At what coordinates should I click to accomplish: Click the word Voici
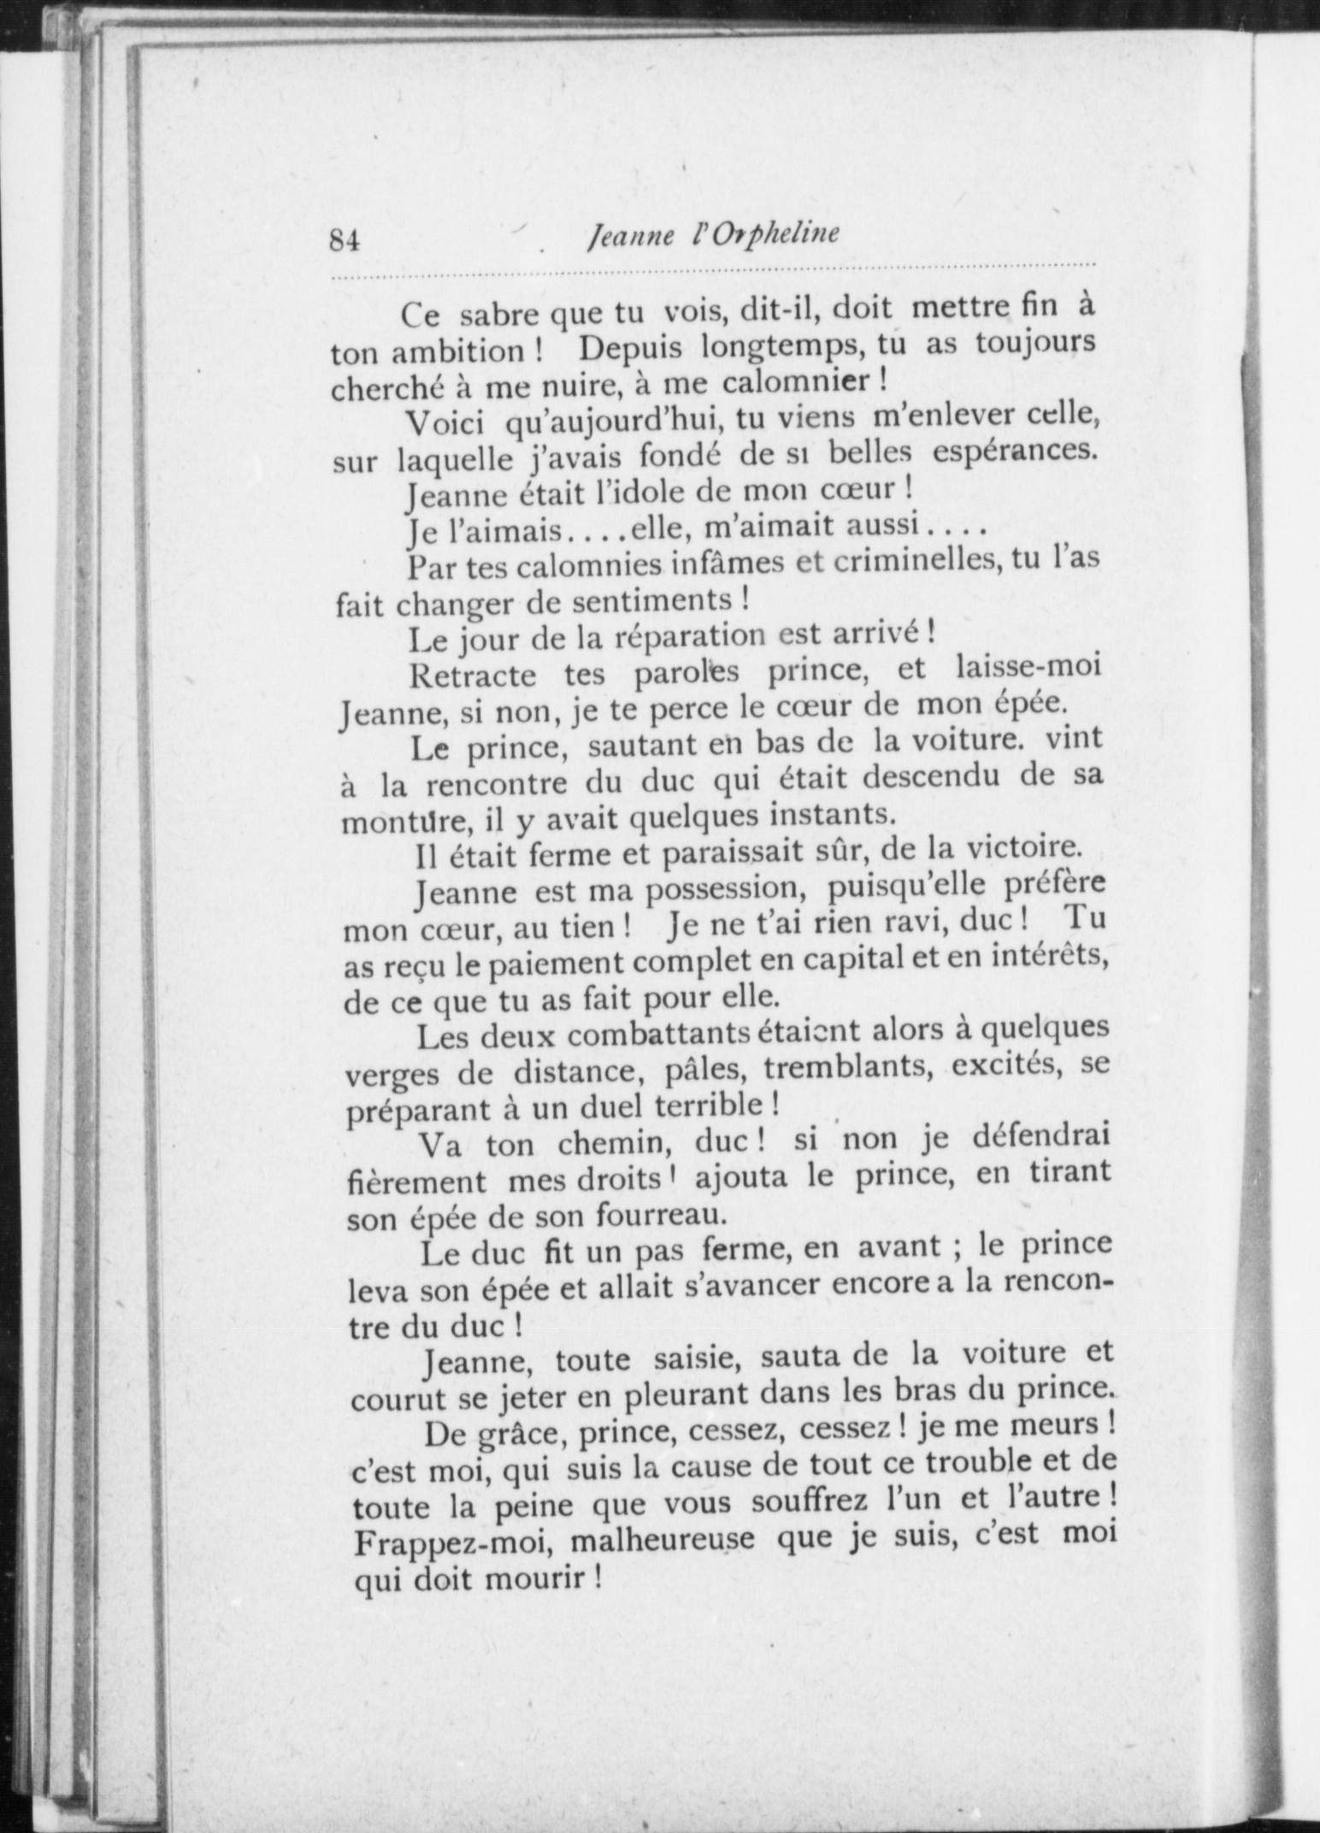click(x=445, y=423)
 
